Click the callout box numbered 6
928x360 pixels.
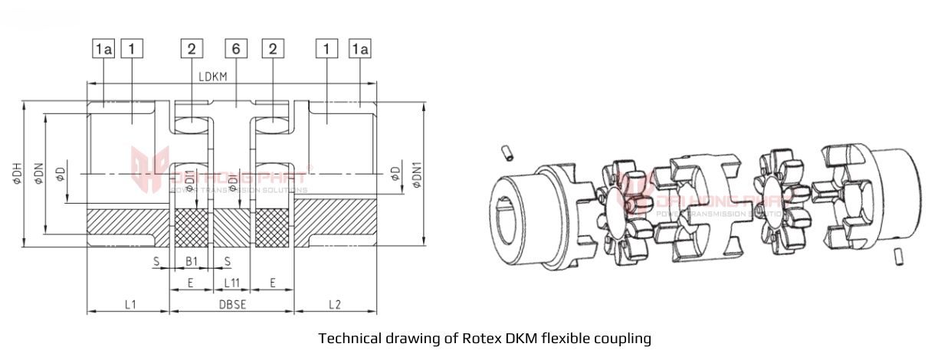click(x=236, y=50)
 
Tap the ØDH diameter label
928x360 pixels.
click(x=17, y=173)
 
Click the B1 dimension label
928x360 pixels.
click(x=192, y=262)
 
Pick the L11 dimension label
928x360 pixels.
click(x=232, y=283)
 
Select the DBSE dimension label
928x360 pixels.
click(x=231, y=304)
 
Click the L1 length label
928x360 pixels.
click(x=131, y=304)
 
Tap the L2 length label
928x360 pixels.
click(x=334, y=304)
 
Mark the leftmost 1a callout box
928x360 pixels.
click(x=103, y=50)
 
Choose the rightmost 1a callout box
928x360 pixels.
click(x=360, y=50)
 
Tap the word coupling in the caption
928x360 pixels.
click(x=624, y=338)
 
